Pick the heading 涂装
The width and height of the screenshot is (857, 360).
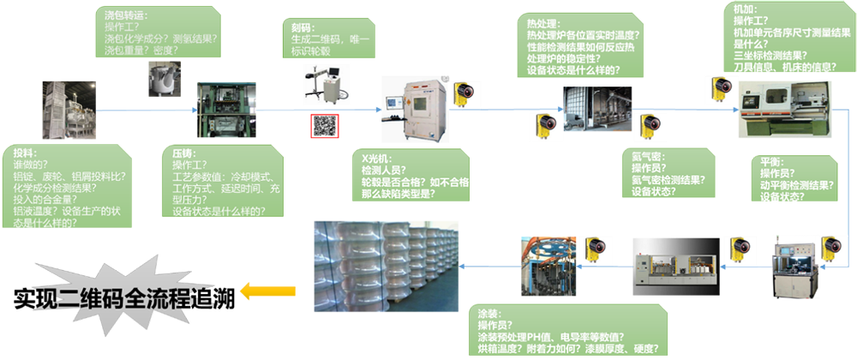click(x=488, y=314)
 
